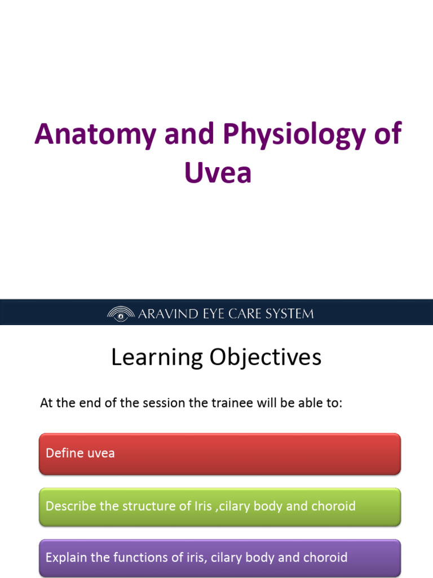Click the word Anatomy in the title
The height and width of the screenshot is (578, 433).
90,134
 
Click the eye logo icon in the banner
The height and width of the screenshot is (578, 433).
120,314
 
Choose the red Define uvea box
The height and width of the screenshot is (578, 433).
220,454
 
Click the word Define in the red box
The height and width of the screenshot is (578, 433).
63,453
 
